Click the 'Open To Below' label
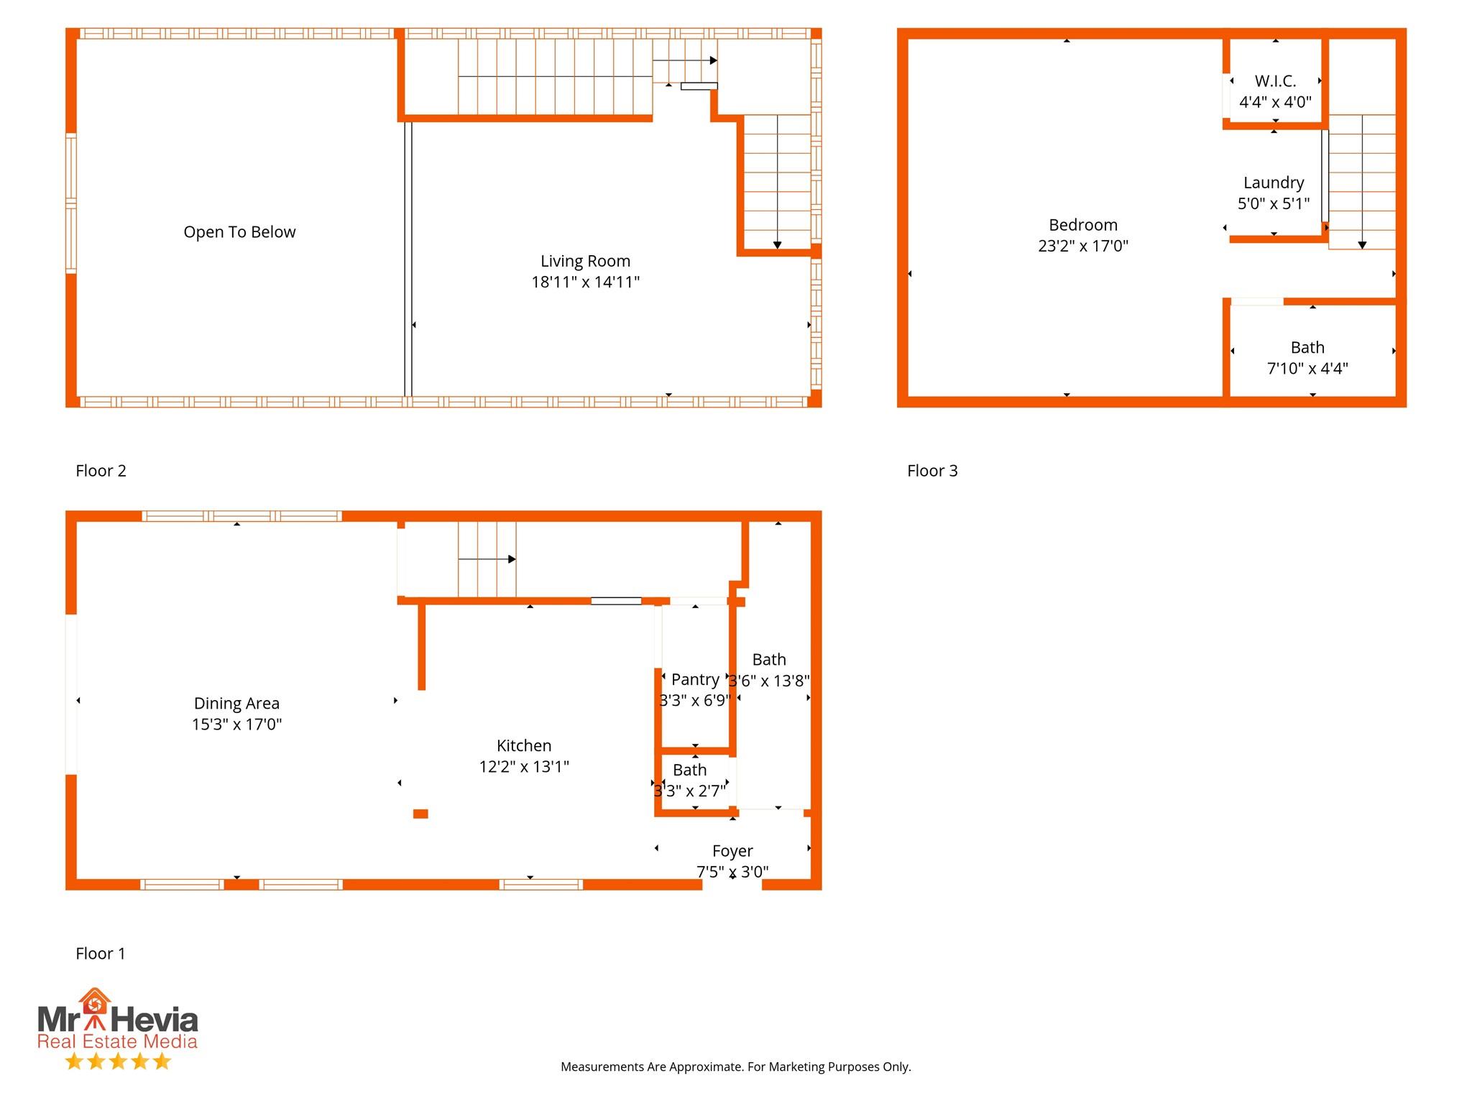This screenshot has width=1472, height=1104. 239,232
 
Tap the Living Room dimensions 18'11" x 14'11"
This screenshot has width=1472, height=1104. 585,282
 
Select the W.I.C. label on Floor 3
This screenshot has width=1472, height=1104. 1275,81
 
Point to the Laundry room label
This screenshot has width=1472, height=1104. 1274,183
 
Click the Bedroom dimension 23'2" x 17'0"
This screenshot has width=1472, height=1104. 1083,246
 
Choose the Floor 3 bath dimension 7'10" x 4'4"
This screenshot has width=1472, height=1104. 1307,369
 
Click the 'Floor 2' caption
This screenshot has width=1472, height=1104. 101,471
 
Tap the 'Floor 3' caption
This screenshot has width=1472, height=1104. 932,471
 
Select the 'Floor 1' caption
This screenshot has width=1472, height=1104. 101,954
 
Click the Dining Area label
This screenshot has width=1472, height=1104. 236,704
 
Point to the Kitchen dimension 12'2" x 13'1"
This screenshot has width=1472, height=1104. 524,767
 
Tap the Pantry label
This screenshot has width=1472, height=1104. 695,679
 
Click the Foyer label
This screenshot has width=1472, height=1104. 732,851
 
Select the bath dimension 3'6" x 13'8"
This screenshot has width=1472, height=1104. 770,681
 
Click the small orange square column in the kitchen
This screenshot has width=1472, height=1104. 420,814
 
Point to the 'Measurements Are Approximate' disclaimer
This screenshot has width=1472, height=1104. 735,1067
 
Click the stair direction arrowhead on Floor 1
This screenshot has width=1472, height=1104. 512,559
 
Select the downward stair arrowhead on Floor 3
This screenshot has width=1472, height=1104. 1362,245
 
